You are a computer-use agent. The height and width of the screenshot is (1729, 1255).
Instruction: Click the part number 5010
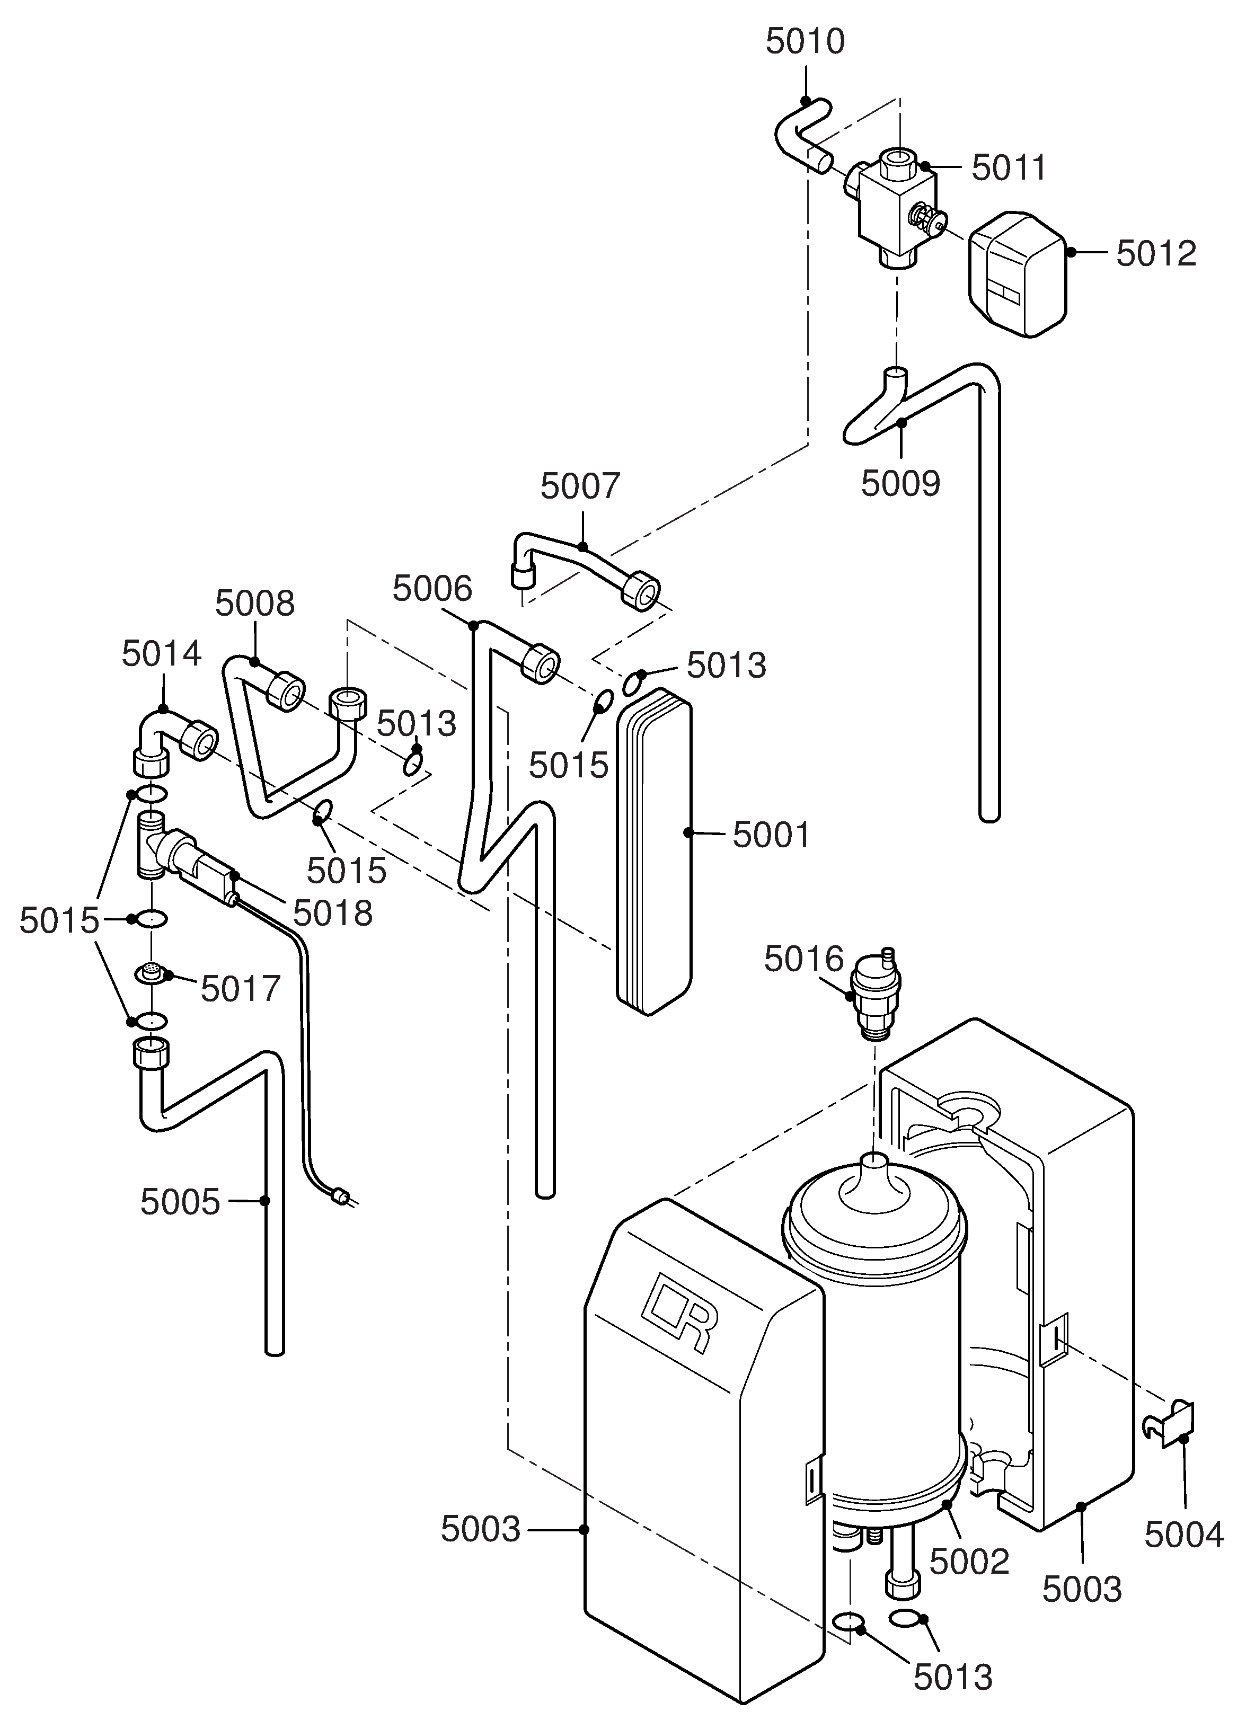tap(805, 42)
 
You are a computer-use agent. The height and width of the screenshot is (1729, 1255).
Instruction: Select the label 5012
tap(1156, 254)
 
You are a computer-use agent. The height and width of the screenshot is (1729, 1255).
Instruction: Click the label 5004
tap(1184, 1535)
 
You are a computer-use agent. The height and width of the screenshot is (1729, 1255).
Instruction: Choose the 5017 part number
tap(241, 989)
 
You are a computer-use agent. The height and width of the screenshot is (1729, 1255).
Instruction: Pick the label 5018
tap(333, 914)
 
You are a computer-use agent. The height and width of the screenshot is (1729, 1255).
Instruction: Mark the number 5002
tap(969, 1562)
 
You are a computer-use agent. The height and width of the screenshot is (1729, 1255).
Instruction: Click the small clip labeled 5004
tap(1170, 1424)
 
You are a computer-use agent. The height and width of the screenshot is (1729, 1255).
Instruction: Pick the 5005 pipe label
tap(180, 1202)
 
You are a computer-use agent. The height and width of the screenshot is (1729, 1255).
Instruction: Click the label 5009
tap(900, 483)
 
